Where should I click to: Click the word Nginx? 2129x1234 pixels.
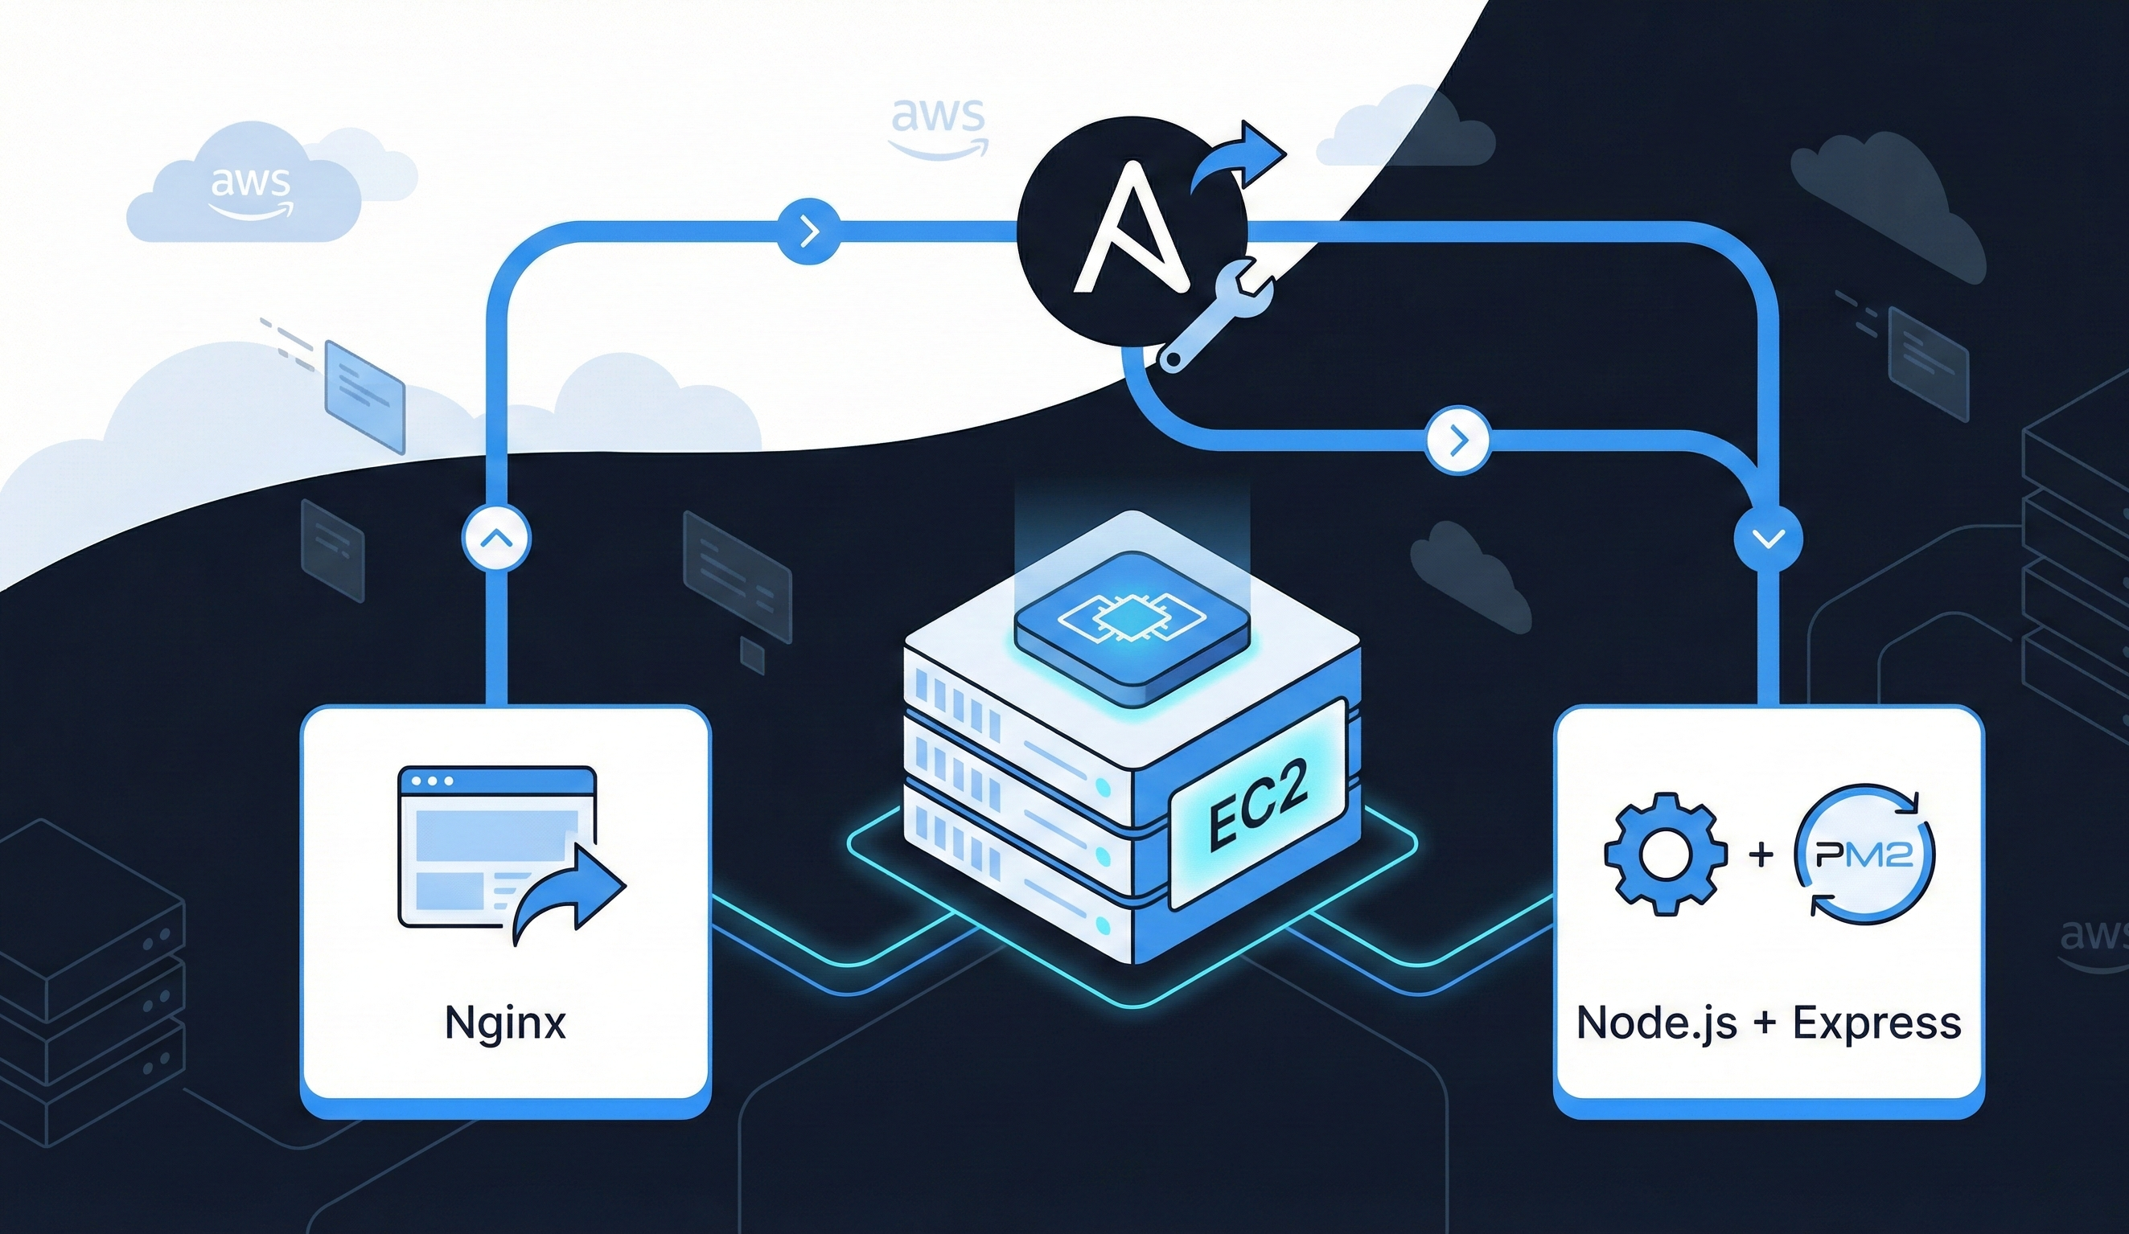(505, 1023)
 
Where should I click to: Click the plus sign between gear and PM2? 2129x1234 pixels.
(1761, 855)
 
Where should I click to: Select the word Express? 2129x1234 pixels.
(1876, 1023)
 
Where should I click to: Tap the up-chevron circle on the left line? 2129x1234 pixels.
(497, 538)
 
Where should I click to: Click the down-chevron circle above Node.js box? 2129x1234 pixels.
(1768, 538)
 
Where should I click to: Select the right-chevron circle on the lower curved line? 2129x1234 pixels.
(1457, 440)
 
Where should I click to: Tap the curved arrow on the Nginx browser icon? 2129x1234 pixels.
(568, 894)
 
